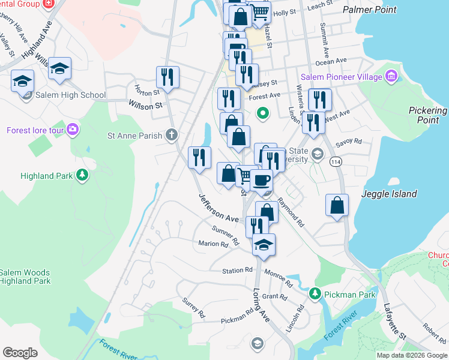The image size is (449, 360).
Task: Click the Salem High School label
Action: pos(70,95)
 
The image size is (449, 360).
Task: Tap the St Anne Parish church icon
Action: pos(172,135)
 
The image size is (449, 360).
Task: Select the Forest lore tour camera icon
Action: pos(73,130)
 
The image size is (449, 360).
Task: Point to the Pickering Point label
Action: pos(427,115)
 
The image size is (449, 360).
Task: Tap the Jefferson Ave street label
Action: pos(219,207)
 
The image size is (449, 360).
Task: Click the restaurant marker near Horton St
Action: pos(167,76)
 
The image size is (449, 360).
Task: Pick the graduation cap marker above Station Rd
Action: pos(264,244)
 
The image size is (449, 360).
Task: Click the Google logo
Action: pos(20,353)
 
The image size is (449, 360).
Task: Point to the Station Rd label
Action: pos(237,271)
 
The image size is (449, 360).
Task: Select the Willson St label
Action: pos(146,104)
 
